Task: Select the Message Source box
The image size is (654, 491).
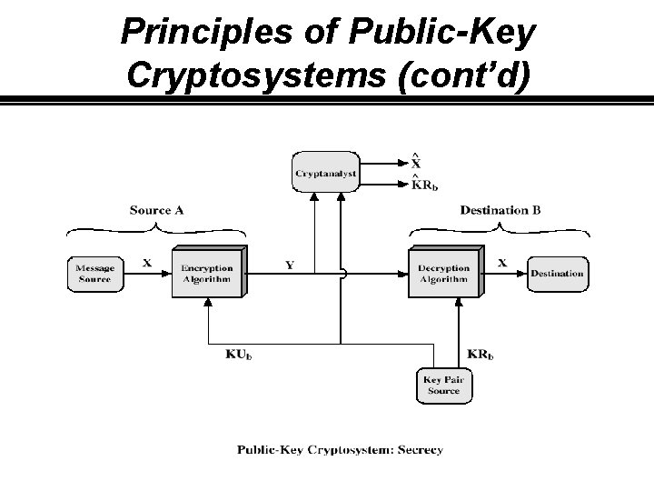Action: [94, 274]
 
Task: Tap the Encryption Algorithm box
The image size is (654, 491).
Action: [206, 273]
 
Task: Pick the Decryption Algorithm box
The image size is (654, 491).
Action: [444, 273]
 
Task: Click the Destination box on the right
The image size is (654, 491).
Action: [557, 274]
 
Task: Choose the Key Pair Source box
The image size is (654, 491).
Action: [444, 385]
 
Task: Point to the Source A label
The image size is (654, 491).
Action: [156, 210]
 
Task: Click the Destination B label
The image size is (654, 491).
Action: [500, 210]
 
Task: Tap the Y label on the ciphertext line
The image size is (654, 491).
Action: [290, 266]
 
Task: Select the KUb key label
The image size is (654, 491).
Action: [239, 354]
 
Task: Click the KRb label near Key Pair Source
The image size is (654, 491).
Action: [481, 354]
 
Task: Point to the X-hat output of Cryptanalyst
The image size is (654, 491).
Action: [416, 163]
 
